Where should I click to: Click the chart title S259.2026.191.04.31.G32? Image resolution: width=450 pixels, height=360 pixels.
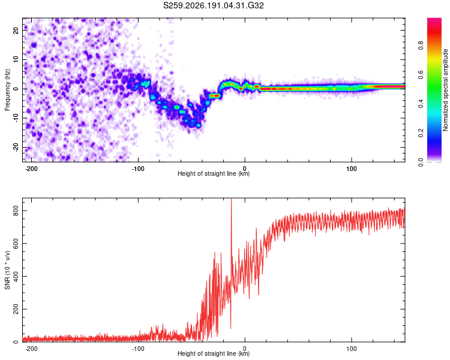(x=213, y=5)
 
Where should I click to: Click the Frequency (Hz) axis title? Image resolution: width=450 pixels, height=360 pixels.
(x=7, y=90)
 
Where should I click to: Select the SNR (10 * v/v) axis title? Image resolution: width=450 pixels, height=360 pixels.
(x=7, y=270)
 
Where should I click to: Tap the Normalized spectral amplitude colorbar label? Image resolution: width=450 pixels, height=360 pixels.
(x=445, y=90)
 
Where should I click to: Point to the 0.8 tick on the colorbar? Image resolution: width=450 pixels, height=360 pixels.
(x=421, y=45)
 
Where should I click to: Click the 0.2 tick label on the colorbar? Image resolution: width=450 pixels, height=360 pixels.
(x=421, y=133)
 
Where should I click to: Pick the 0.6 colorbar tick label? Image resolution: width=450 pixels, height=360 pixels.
(x=421, y=74)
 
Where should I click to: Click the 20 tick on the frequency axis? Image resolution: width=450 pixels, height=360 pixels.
(x=16, y=31)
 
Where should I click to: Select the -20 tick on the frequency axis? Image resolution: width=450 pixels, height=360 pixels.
(x=16, y=147)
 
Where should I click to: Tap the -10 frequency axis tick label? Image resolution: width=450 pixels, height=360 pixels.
(x=16, y=118)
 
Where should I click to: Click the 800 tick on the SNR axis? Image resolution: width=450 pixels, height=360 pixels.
(x=16, y=211)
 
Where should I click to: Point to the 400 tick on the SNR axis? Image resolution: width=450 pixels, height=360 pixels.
(x=16, y=277)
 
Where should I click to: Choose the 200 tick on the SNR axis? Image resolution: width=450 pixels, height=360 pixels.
(x=16, y=309)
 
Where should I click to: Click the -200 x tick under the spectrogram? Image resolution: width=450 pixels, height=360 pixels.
(x=31, y=169)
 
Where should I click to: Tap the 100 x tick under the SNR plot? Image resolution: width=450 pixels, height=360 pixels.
(x=351, y=349)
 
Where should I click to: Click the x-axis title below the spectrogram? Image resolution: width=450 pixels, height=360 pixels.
(x=214, y=173)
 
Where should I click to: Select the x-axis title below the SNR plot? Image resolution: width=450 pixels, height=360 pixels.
(x=214, y=353)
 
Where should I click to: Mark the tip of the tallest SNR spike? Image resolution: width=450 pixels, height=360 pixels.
(x=232, y=199)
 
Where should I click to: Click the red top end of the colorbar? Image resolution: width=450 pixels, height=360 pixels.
(x=434, y=19)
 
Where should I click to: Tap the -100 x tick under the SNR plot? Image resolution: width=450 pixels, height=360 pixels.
(x=138, y=349)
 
